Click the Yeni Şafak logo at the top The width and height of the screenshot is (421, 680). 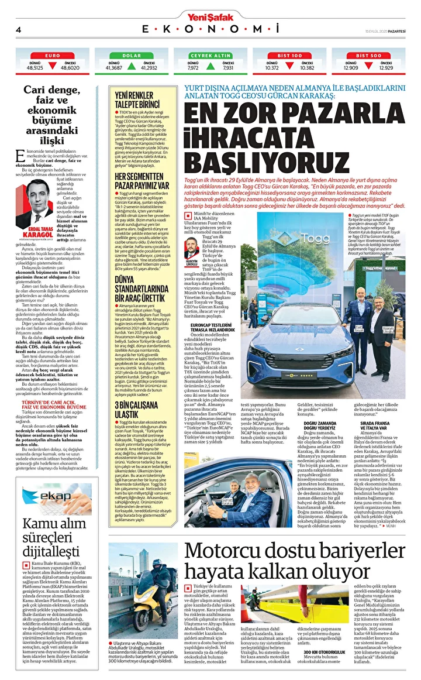pos(210,16)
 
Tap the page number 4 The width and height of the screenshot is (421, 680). pos(19,29)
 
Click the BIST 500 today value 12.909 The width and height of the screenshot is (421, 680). pos(350,68)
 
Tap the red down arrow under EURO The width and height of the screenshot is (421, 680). pos(53,66)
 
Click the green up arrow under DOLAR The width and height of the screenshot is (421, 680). pos(132,66)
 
